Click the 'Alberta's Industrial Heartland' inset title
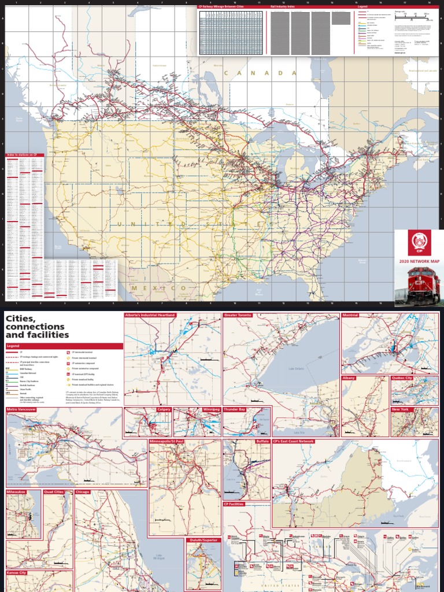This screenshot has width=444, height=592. pyautogui.click(x=150, y=315)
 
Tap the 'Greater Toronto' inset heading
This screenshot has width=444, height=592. pyautogui.click(x=238, y=315)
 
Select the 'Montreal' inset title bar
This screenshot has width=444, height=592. pyautogui.click(x=350, y=315)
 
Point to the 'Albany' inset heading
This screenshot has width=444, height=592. pyautogui.click(x=349, y=378)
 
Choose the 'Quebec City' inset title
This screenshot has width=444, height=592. pyautogui.click(x=402, y=378)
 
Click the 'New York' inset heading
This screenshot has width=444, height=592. pyautogui.click(x=400, y=409)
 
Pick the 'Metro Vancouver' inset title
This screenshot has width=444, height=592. pyautogui.click(x=22, y=409)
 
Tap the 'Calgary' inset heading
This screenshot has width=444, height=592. pyautogui.click(x=164, y=409)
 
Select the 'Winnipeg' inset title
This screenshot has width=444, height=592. pyautogui.click(x=212, y=409)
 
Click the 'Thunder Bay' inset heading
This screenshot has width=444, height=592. pyautogui.click(x=235, y=409)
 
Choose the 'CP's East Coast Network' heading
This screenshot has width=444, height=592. pyautogui.click(x=294, y=441)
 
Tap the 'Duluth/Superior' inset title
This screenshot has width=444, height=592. pyautogui.click(x=203, y=539)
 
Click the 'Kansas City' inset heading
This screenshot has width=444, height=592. pyautogui.click(x=17, y=572)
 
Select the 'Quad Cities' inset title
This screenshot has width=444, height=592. pyautogui.click(x=54, y=492)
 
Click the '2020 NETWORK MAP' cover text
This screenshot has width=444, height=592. pyautogui.click(x=419, y=261)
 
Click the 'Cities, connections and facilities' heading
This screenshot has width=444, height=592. pyautogui.click(x=38, y=327)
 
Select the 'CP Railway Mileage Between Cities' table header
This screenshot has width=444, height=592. pyautogui.click(x=220, y=8)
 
